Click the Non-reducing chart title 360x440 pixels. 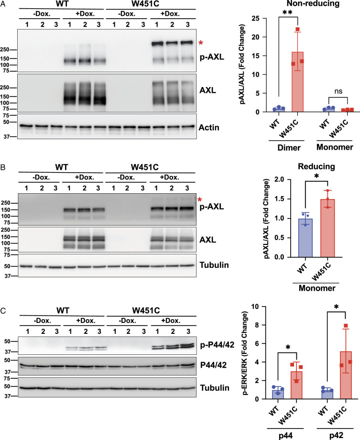point(313,4)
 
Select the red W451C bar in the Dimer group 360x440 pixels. point(298,82)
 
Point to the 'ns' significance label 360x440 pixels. point(338,91)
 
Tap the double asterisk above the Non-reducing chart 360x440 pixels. point(288,12)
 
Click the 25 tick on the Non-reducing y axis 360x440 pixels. point(255,19)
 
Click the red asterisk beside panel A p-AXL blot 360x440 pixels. point(201,43)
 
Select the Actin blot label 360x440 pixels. point(209,128)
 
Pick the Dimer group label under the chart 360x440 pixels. point(289,148)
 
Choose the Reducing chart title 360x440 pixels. point(316,166)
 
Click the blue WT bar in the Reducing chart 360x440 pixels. point(305,238)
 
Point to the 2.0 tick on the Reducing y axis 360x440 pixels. point(280,179)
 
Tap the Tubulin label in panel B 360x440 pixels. point(214,265)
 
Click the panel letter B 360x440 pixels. point(3,167)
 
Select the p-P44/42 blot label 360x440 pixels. point(217,345)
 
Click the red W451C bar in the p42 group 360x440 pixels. point(346,375)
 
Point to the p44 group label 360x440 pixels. point(285,436)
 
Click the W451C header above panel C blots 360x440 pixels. point(146,311)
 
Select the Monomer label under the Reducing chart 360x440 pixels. point(317,288)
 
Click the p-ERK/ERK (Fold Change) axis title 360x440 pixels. point(245,353)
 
